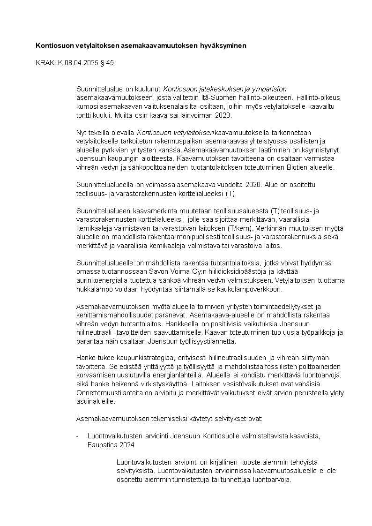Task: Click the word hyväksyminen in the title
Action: coord(223,46)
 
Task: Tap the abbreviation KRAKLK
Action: coord(47,62)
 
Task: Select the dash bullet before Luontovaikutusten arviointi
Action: coord(78,436)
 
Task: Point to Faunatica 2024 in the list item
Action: coord(111,444)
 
